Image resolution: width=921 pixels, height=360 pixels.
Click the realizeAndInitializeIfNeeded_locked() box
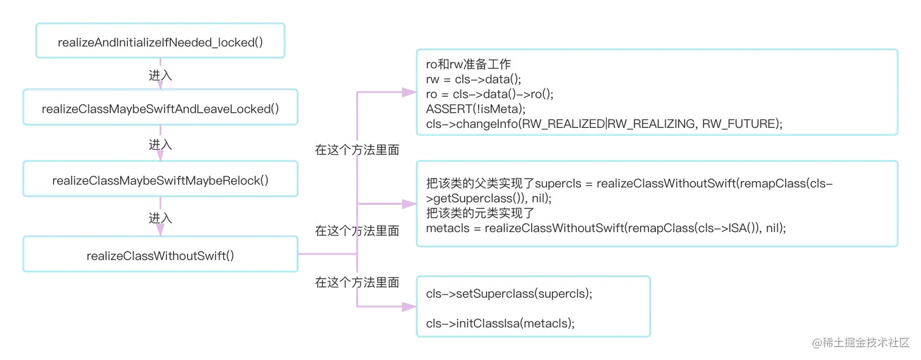[x=161, y=43]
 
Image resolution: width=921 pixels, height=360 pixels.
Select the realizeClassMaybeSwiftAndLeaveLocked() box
[x=161, y=109]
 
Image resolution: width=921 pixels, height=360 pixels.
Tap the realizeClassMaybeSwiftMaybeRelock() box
[x=161, y=180]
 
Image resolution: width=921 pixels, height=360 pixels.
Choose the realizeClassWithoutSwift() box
[x=161, y=255]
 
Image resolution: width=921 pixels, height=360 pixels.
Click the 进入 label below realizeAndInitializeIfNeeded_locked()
[x=161, y=76]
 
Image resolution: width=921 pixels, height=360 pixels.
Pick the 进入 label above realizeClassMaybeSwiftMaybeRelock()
[x=161, y=146]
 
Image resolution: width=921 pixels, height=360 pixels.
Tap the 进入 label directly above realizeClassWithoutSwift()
[x=161, y=218]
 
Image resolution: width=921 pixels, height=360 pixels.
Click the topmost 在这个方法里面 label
[x=357, y=150]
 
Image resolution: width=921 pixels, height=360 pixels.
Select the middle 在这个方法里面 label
[x=357, y=231]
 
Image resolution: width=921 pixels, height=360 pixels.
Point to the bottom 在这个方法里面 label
[x=357, y=283]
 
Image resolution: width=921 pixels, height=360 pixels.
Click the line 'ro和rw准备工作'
[x=468, y=65]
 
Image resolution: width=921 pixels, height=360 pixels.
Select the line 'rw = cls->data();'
[x=474, y=80]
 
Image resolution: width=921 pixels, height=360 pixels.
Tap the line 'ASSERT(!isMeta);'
[x=475, y=109]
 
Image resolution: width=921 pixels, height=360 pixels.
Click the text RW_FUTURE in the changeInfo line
[x=742, y=124]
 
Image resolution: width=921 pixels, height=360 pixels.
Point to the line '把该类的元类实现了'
[x=480, y=213]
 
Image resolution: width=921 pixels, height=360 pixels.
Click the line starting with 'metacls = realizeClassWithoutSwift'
[x=605, y=228]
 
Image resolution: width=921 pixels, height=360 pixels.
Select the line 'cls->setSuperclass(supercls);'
[x=509, y=294]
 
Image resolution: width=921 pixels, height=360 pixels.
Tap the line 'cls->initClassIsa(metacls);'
[x=500, y=323]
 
